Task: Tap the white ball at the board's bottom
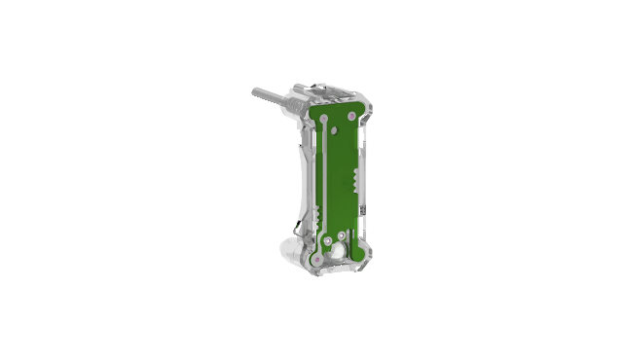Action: click(337, 250)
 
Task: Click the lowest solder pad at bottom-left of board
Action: click(315, 261)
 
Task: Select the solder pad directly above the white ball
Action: click(330, 238)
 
